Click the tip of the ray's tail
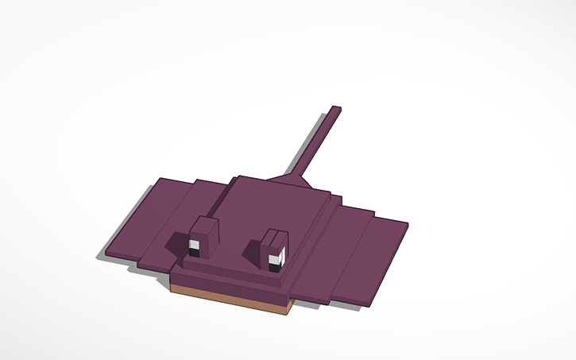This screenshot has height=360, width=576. (336, 108)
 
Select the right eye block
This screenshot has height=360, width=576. (273, 250)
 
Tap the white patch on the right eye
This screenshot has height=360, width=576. (277, 258)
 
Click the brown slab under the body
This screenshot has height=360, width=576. (230, 299)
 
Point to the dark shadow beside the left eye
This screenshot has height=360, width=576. (179, 242)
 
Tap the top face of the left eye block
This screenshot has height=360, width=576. (204, 225)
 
